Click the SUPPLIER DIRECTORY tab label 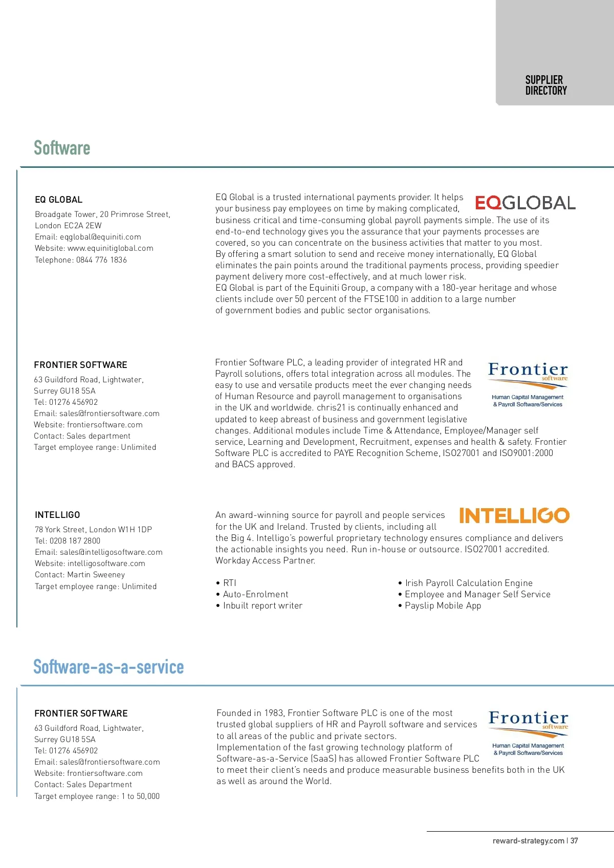(546, 85)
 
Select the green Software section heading (62, 148)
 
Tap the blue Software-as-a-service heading (108, 667)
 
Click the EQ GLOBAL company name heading (58, 200)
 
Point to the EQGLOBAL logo (525, 203)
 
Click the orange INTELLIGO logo (514, 515)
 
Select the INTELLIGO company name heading (57, 515)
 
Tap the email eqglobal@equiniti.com (100, 237)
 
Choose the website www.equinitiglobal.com (110, 248)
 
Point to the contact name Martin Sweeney (96, 575)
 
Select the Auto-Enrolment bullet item (255, 594)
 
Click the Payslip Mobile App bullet (443, 605)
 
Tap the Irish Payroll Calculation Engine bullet (469, 583)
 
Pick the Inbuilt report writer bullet (262, 605)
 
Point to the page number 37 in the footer (575, 841)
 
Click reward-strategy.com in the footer (528, 841)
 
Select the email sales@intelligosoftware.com (111, 552)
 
